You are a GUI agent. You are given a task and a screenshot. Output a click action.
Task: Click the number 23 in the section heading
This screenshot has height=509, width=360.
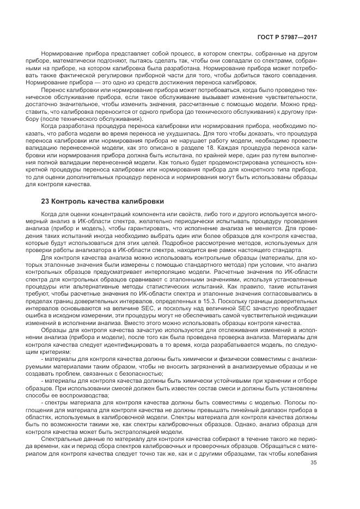click(x=46, y=201)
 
